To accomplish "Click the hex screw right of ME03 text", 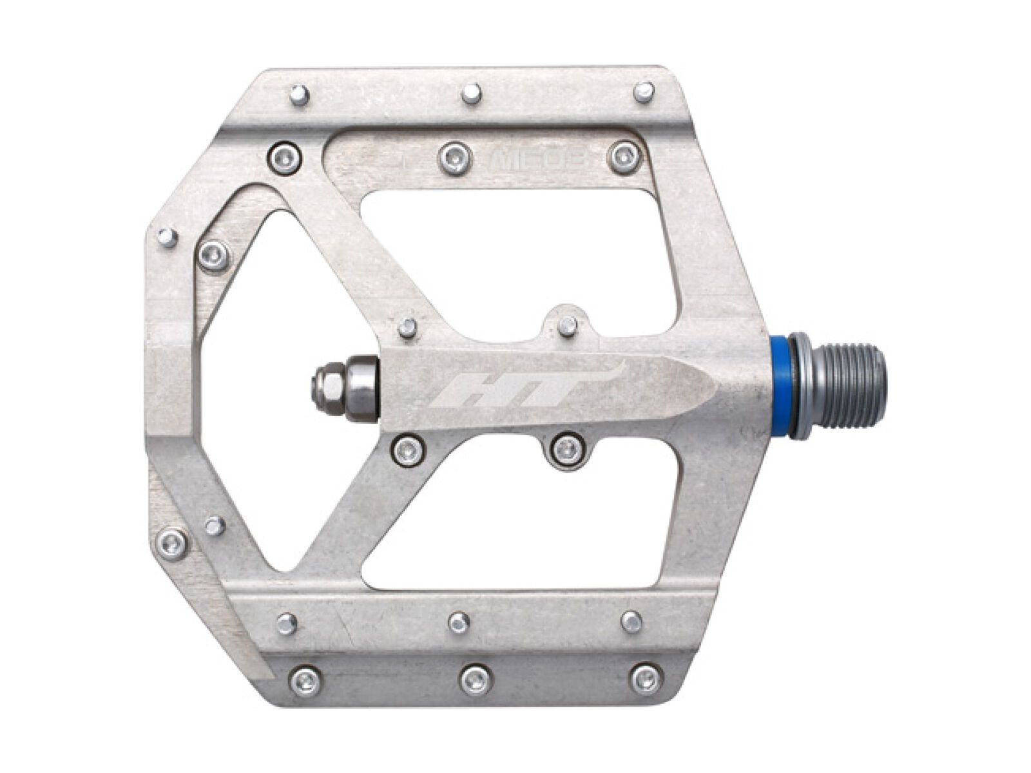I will pos(624,155).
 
